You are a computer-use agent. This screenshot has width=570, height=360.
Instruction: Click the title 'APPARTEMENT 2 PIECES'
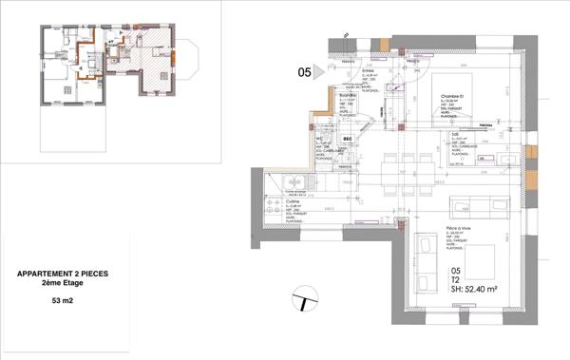(x=62, y=275)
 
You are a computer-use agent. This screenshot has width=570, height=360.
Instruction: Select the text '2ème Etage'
(x=62, y=284)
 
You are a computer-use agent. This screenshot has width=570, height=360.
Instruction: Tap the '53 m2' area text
(x=62, y=301)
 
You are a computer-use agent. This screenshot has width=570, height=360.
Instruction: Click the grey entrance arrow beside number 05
(x=320, y=70)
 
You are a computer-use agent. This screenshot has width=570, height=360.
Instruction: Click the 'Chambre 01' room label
(x=451, y=97)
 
